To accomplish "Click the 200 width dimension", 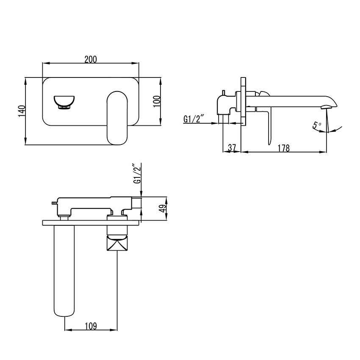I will pos(91,59).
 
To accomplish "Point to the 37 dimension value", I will pos(232,148).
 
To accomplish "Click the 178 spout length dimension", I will pos(284,148).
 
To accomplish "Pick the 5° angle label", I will pos(317,126).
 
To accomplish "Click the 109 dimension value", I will pos(91,326).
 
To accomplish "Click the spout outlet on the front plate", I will pos(64,102).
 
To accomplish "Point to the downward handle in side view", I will pos(268,127).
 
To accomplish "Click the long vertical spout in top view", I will pos(64,271).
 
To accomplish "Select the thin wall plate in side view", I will pos(243,102).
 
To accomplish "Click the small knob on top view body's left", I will pos(54,203).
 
